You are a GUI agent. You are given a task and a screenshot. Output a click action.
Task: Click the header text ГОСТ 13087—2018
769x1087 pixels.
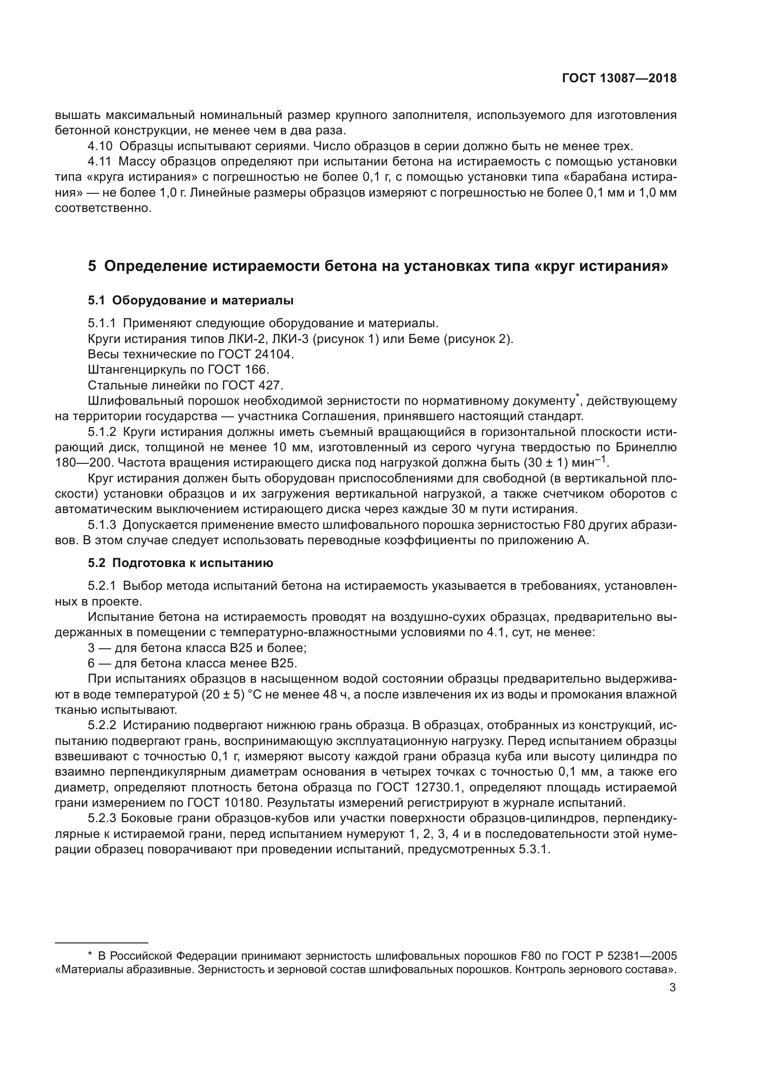pyautogui.click(x=619, y=79)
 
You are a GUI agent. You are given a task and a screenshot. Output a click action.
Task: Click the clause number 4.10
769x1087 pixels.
pyautogui.click(x=100, y=146)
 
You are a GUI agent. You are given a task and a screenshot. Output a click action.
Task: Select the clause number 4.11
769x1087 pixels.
pyautogui.click(x=99, y=161)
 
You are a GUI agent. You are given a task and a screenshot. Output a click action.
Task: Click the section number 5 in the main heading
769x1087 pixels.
pyautogui.click(x=92, y=266)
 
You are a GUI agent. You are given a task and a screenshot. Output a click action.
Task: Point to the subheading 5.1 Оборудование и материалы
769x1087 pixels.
pyautogui.click(x=190, y=300)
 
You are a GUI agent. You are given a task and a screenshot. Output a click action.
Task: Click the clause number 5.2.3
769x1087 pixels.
pyautogui.click(x=101, y=818)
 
